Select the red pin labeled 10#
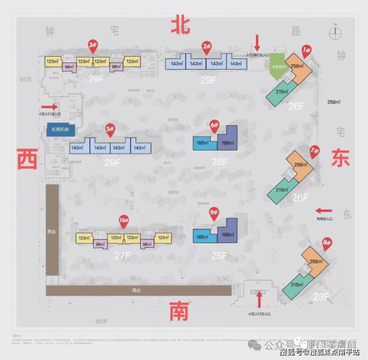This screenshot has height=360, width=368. pyautogui.click(x=123, y=220)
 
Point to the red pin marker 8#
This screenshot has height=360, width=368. pyautogui.click(x=327, y=244)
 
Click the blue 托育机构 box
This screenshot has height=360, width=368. pyautogui.click(x=60, y=129)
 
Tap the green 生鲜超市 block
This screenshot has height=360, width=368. pyautogui.click(x=277, y=66)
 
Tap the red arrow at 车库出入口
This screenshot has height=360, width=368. pyautogui.click(x=324, y=210)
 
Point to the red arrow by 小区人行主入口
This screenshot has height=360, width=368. pyautogui.click(x=49, y=106)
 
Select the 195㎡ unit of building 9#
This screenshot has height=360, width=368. pyautogui.click(x=227, y=234)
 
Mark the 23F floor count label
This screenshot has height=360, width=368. pyautogui.click(x=321, y=297)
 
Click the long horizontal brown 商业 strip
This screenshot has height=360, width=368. pyautogui.click(x=138, y=290)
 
